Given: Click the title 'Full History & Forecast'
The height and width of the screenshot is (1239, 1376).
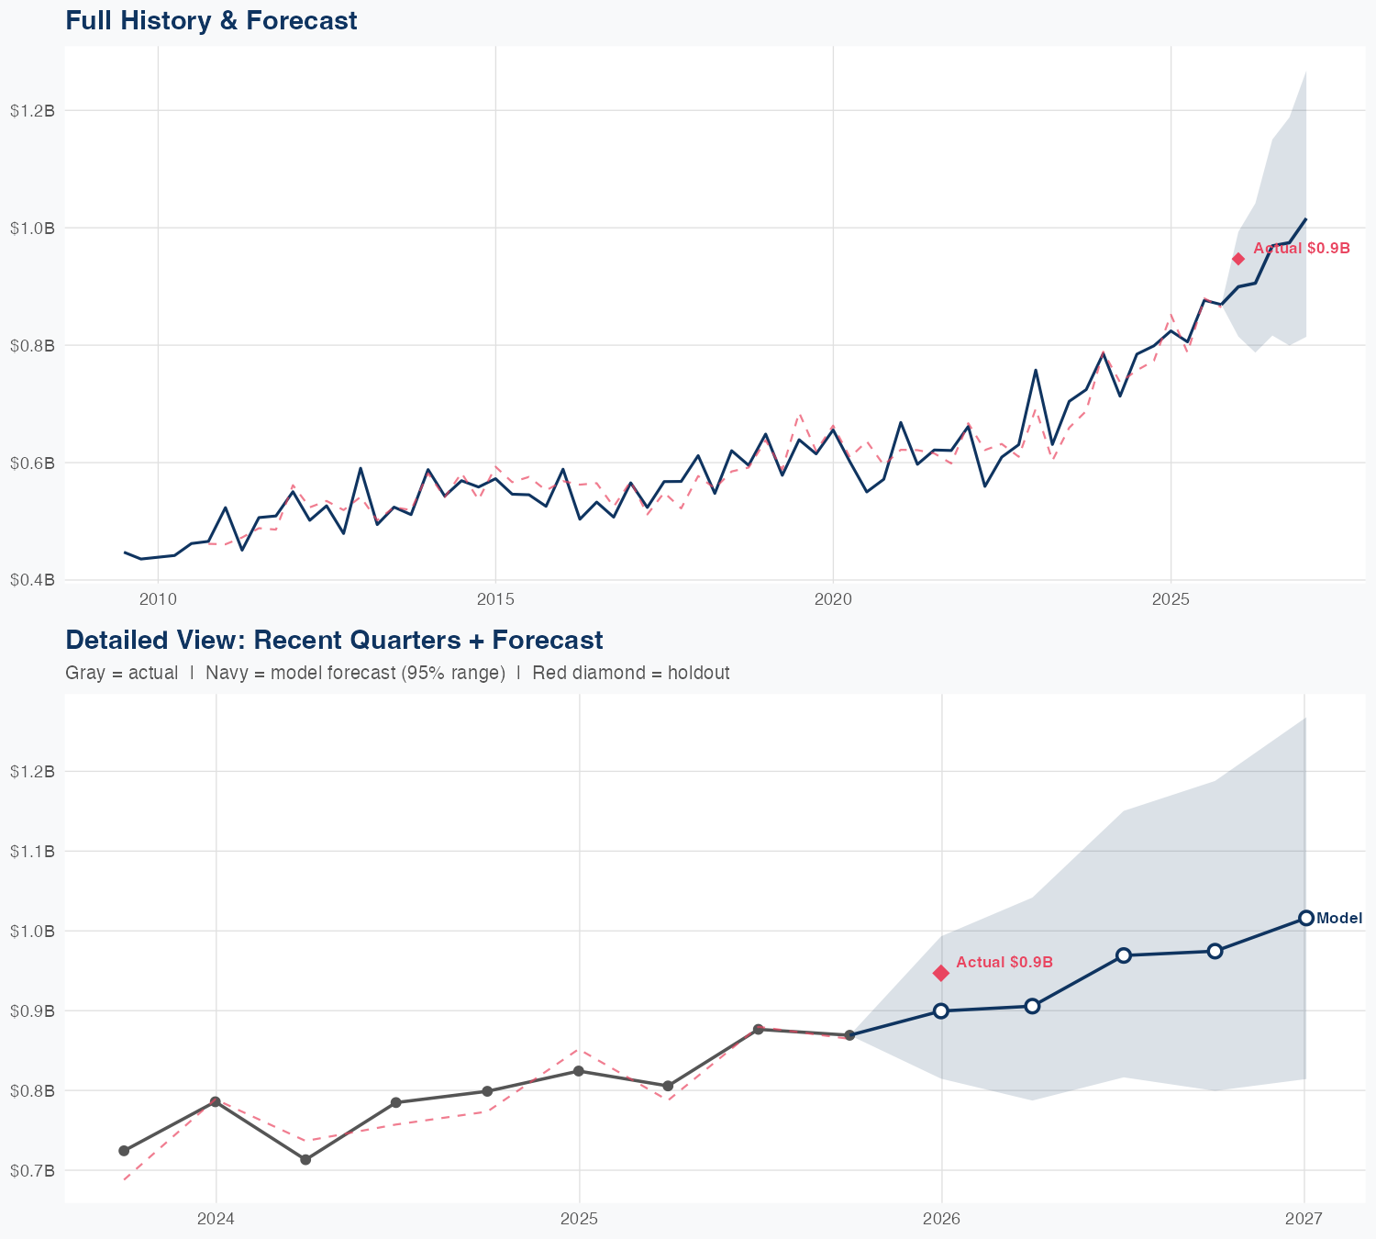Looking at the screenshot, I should [211, 20].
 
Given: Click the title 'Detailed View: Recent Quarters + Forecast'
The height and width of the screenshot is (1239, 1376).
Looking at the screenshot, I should [334, 640].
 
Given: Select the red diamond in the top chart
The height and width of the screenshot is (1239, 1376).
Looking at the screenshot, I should [1238, 259].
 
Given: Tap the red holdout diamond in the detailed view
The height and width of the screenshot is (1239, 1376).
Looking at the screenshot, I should [941, 973].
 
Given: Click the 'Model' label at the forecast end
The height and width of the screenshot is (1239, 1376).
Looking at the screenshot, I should [1339, 918].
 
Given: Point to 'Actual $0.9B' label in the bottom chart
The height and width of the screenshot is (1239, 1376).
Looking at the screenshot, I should [1004, 962].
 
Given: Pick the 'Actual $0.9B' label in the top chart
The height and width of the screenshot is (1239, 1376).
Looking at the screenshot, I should [1302, 248].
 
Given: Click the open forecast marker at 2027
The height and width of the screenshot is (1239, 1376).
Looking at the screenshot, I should [1305, 918].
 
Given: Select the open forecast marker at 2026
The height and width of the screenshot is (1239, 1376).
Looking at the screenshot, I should [941, 1010].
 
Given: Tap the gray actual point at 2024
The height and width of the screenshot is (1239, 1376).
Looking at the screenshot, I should [216, 1101].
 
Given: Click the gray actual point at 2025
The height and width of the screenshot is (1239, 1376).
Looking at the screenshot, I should [579, 1071].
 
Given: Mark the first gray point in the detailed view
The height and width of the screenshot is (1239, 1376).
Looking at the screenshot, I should [124, 1150].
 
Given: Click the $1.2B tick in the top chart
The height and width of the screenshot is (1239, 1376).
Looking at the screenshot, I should [32, 110].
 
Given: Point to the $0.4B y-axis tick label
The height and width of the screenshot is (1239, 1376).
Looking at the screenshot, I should [32, 580].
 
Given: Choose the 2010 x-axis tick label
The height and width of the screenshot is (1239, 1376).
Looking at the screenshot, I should [158, 600].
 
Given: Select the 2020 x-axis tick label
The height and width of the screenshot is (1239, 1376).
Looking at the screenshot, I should [833, 600].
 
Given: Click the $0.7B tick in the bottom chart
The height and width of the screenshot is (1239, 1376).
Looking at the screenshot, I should [32, 1170].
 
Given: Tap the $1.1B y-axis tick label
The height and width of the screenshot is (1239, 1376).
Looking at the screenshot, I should [32, 851].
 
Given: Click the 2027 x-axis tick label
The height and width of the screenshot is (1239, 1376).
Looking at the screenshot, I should [1304, 1219].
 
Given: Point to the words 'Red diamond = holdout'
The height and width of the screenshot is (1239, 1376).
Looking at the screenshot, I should [630, 673].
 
